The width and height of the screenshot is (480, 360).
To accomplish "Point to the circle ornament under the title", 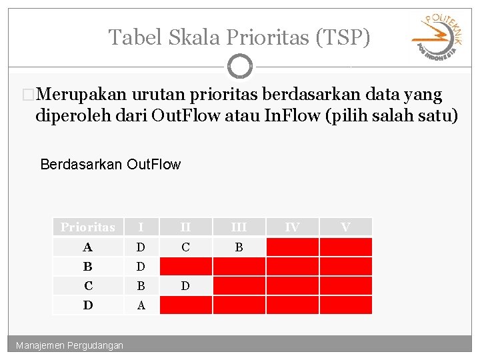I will coord(239,67).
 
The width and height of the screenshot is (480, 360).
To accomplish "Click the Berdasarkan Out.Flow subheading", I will coord(110,164).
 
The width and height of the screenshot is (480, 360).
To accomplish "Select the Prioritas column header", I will coord(88,227).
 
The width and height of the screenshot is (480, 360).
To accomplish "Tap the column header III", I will coord(239,227).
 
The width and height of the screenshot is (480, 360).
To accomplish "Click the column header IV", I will coord(292,227).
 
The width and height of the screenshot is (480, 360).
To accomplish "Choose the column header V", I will coord(345,227).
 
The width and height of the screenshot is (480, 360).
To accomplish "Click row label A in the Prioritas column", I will coord(88,247).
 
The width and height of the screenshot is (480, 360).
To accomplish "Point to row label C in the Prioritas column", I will coord(88,286).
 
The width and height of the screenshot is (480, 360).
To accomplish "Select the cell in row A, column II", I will coord(185,247).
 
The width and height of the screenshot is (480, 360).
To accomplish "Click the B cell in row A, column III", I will coord(239,247).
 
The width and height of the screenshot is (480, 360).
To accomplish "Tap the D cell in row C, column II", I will coord(185,286).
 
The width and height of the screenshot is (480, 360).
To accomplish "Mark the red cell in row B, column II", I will coord(185,267).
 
